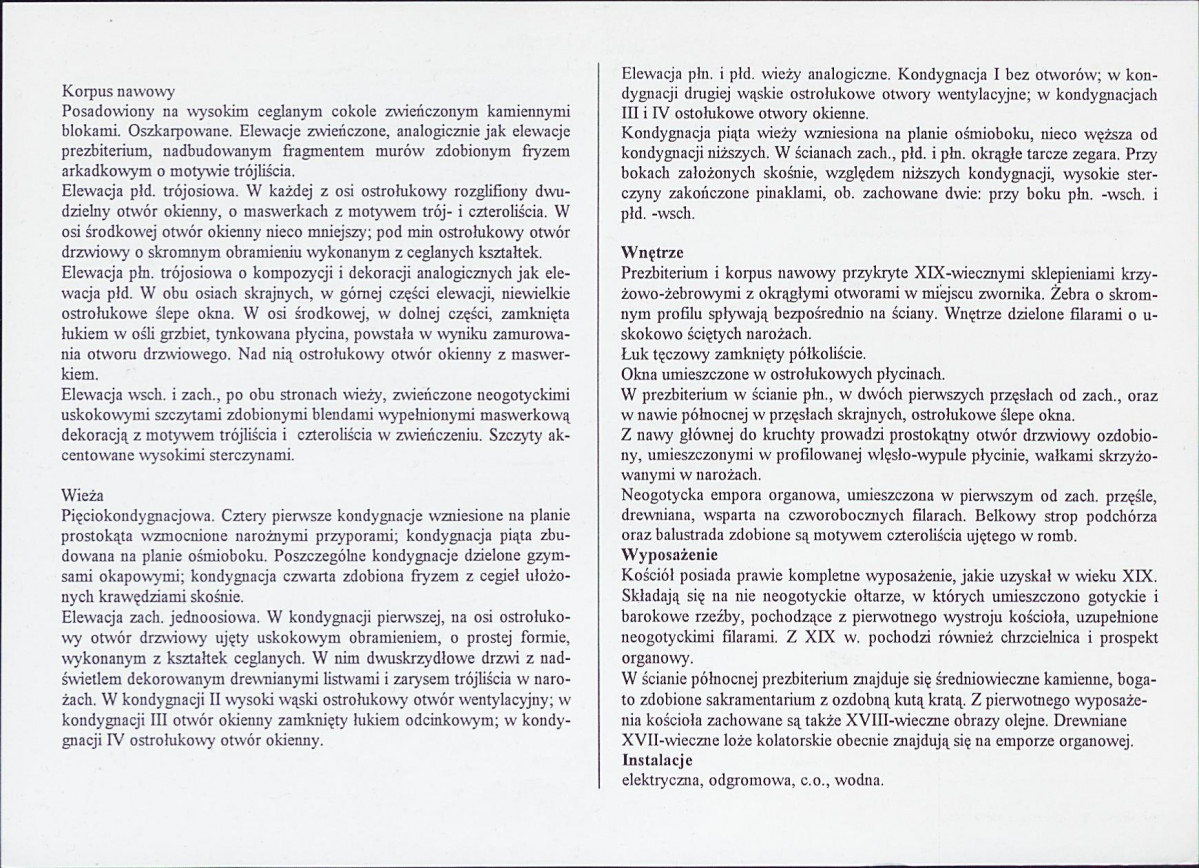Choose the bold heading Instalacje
click(657, 760)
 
